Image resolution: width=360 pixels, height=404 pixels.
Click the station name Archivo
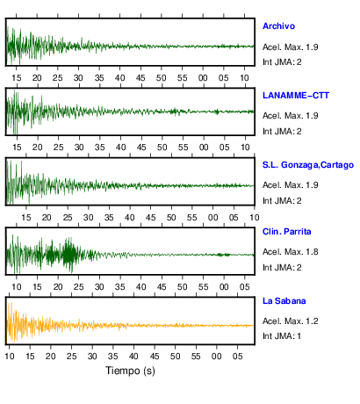(x=278, y=26)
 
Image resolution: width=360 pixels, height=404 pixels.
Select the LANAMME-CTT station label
(x=296, y=96)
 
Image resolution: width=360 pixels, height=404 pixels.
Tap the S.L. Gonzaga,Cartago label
(x=308, y=165)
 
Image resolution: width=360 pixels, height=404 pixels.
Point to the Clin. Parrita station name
(x=287, y=232)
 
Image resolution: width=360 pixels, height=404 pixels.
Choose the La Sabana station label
(x=284, y=301)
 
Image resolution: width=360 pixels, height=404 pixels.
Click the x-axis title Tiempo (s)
(x=130, y=371)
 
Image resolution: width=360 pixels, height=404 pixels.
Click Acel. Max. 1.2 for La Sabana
(x=291, y=321)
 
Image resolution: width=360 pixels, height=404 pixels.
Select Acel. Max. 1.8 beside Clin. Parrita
(x=291, y=252)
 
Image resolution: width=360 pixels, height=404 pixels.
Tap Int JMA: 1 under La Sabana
(x=282, y=335)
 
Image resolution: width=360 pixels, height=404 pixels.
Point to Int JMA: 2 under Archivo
(x=282, y=62)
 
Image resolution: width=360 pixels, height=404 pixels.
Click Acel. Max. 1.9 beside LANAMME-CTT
(x=291, y=116)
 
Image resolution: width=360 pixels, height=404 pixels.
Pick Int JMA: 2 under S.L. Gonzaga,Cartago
(x=282, y=201)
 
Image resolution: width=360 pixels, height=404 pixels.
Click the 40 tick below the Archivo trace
(x=119, y=78)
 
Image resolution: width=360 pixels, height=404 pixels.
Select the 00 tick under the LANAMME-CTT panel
(x=204, y=148)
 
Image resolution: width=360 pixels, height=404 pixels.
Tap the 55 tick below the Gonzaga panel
(x=192, y=218)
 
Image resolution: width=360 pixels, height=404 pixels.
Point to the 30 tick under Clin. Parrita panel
(x=99, y=287)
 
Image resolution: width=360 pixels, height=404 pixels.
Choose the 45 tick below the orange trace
(x=155, y=357)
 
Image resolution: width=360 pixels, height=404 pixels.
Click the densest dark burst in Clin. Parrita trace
(x=69, y=256)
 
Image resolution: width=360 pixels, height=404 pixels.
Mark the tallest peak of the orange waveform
(x=11, y=303)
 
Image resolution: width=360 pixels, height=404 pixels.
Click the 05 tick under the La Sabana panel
(x=237, y=357)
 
